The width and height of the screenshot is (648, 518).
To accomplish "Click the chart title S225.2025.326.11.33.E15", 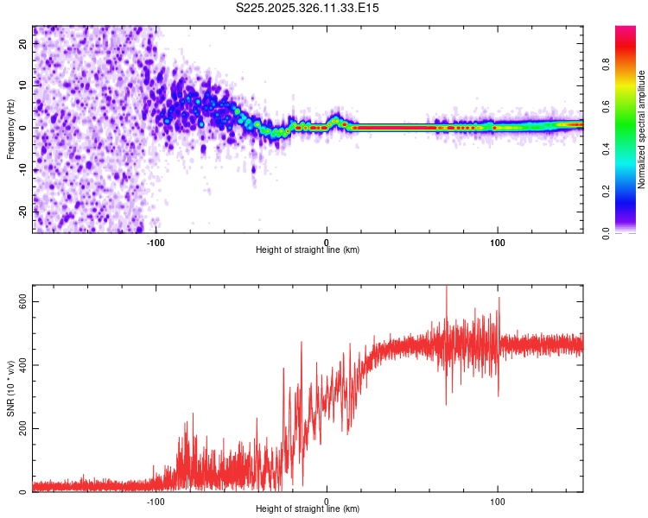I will (308, 8).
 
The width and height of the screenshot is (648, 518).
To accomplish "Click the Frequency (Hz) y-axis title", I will (10, 128).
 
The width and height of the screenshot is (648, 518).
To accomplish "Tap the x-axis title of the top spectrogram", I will (308, 250).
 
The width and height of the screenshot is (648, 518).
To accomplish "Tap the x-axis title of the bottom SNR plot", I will (308, 509).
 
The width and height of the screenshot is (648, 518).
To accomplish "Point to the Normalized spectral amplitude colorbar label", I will (641, 129).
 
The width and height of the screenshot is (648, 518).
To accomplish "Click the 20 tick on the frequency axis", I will (23, 45).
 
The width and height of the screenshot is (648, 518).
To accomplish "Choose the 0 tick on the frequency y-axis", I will (23, 128).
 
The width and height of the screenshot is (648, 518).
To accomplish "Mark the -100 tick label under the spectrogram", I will (156, 242).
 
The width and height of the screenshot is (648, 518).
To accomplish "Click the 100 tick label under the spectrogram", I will (498, 242).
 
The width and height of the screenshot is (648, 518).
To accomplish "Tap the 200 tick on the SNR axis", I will (23, 428).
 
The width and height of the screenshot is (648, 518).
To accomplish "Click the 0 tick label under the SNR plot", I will (327, 501).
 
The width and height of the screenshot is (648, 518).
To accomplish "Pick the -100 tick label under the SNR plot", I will (156, 501).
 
